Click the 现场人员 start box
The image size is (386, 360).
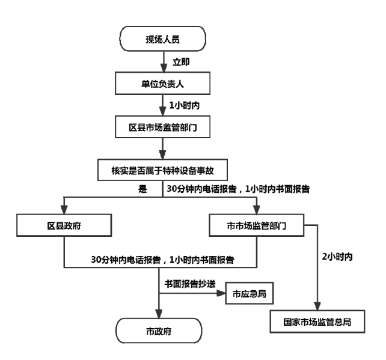[x=162, y=40]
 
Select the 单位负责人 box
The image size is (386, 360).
[x=162, y=83]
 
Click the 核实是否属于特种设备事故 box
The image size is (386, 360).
[x=162, y=170]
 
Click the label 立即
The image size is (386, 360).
[x=180, y=61]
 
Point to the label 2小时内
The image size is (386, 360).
[x=337, y=257]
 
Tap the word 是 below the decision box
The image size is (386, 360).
[x=142, y=189]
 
